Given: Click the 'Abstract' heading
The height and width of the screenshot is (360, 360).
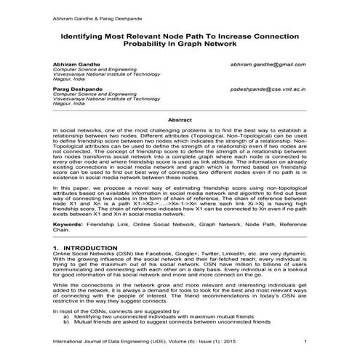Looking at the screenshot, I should point(180,119).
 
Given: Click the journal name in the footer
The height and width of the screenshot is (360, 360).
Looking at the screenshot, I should point(132,342).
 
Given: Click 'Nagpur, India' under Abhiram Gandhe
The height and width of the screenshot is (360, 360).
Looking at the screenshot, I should point(69,82).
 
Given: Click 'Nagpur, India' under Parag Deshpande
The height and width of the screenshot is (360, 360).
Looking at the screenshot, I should point(69,105).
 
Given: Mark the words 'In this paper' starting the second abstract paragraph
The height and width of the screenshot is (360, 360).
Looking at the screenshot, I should point(73,188).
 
